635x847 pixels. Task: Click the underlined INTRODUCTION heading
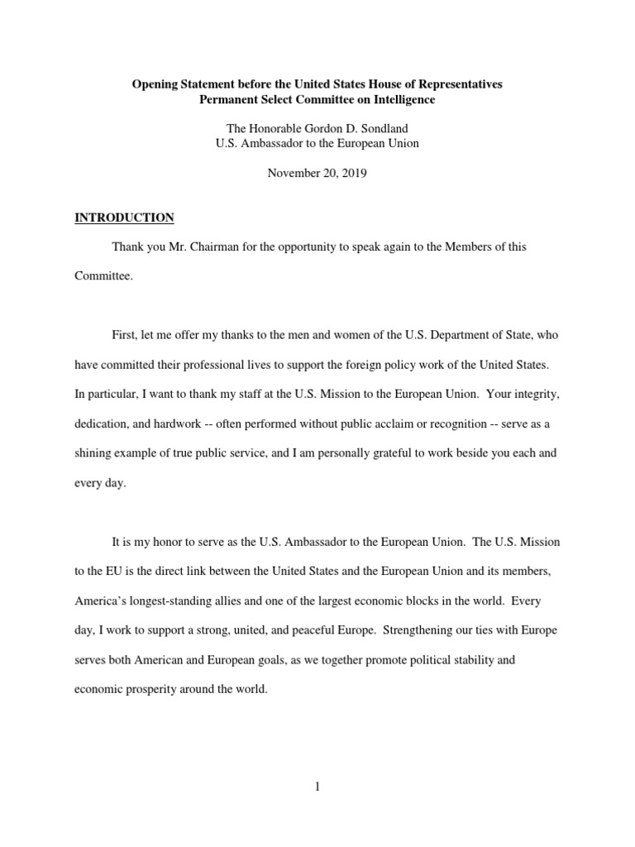[x=124, y=218]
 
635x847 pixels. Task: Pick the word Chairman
[x=200, y=246]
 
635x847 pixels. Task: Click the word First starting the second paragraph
[x=125, y=333]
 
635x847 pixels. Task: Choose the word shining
[x=94, y=453]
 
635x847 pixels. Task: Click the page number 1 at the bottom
[x=317, y=787]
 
